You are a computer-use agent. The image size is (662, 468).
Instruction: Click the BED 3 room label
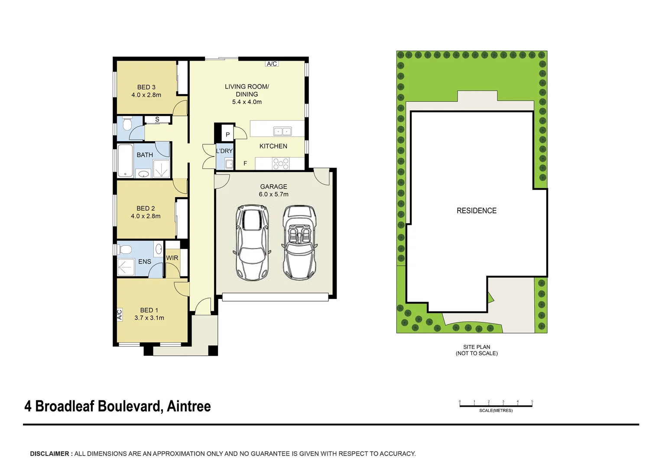click(146, 91)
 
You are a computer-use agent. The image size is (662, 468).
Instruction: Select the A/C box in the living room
click(272, 64)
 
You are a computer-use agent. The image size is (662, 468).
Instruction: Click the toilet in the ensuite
click(125, 250)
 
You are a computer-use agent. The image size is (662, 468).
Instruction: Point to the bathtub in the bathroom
click(125, 160)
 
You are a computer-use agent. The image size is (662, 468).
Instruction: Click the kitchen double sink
click(282, 131)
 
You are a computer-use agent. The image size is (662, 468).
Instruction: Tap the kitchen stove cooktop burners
click(281, 164)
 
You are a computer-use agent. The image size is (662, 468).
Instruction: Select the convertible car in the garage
click(299, 243)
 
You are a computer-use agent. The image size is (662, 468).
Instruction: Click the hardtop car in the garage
click(252, 243)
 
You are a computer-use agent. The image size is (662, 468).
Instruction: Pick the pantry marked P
click(227, 134)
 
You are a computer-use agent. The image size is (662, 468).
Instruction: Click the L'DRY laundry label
click(224, 151)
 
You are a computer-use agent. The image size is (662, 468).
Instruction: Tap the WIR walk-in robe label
click(172, 258)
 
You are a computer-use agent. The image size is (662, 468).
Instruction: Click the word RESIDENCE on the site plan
click(476, 211)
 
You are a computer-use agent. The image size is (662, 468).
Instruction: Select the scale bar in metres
click(496, 406)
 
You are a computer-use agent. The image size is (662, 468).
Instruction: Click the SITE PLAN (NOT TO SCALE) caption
click(477, 350)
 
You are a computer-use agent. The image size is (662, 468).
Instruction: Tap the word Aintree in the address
click(188, 406)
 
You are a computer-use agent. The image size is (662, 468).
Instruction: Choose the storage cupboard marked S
click(157, 119)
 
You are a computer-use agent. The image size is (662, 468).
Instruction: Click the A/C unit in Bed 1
click(120, 314)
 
